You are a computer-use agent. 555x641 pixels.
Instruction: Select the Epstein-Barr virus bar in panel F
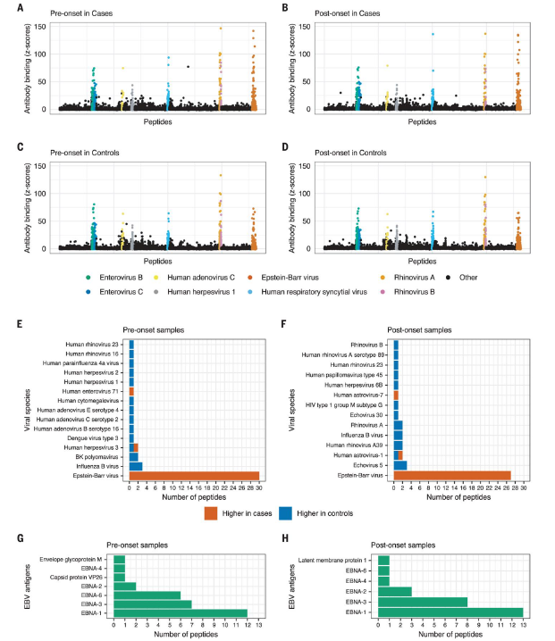tap(452, 476)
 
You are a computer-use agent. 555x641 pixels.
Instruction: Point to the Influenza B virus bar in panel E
tap(135, 466)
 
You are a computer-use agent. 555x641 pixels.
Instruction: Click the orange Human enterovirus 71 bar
tap(131, 391)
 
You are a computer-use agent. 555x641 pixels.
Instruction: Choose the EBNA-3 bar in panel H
tap(431, 602)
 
